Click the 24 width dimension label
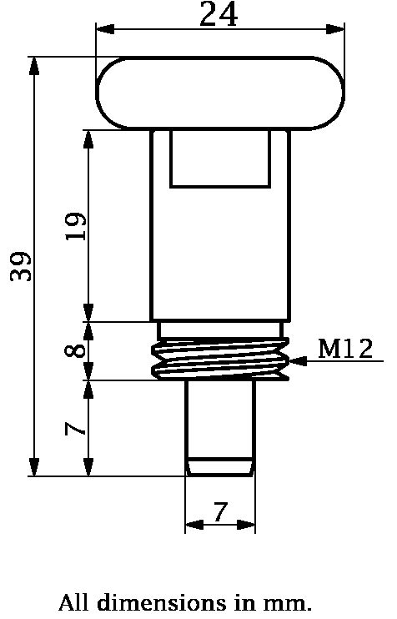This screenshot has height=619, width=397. click(x=219, y=14)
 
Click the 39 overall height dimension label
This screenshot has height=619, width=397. click(x=21, y=266)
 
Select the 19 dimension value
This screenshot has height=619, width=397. click(x=75, y=226)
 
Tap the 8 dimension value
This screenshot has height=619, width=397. click(x=75, y=350)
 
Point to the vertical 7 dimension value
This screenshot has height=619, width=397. click(x=75, y=429)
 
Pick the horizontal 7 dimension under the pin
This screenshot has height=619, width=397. click(x=219, y=512)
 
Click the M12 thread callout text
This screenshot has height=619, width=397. click(x=345, y=348)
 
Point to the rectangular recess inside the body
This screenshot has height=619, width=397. click(x=220, y=159)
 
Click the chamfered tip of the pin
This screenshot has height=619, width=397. click(x=219, y=466)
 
